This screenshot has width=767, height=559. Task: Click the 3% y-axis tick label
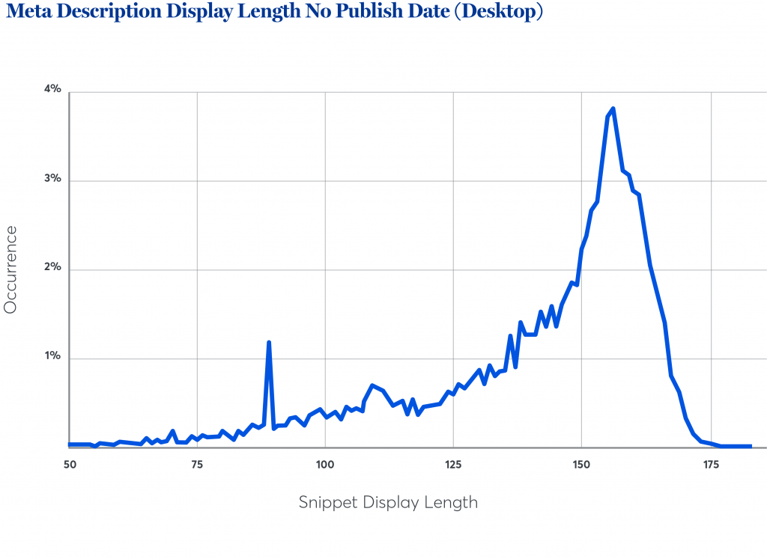(x=52, y=180)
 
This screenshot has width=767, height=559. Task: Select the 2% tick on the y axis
(x=52, y=267)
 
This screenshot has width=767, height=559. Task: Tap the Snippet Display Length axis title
(x=388, y=502)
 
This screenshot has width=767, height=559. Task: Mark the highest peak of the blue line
(x=613, y=109)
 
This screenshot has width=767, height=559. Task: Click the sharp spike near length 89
(x=268, y=343)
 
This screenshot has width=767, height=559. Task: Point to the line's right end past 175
(x=750, y=446)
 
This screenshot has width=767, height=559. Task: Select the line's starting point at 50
(x=70, y=445)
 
